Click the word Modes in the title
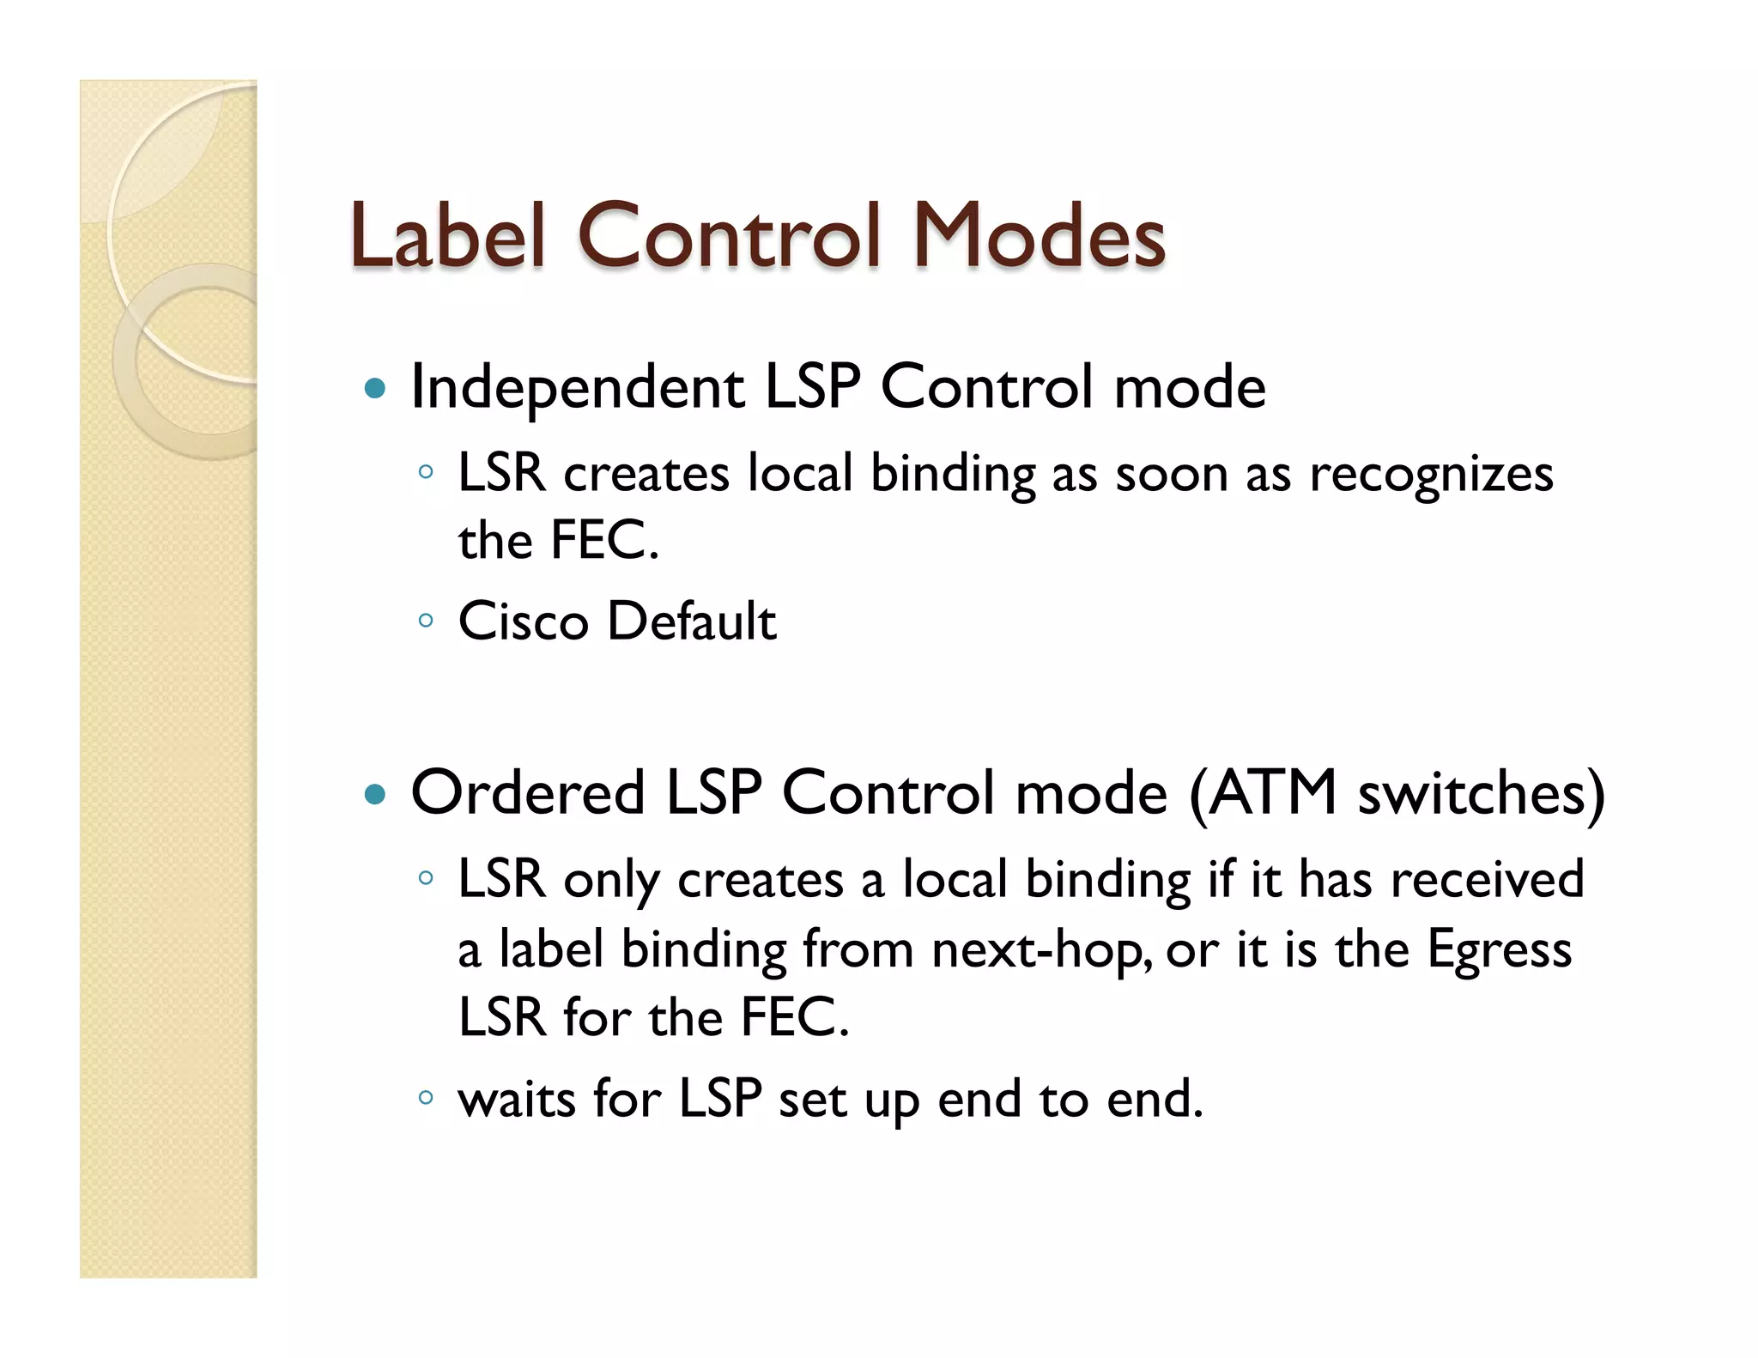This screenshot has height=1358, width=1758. (1038, 234)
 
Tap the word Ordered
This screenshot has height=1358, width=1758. (528, 792)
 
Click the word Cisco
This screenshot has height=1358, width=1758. (523, 621)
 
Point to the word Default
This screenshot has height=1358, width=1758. (691, 621)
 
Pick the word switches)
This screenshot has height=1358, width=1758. (1482, 792)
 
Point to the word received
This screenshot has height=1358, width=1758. (1487, 880)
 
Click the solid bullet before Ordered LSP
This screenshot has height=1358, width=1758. (375, 794)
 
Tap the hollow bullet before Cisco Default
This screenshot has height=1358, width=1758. (425, 620)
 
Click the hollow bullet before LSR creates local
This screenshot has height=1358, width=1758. (425, 471)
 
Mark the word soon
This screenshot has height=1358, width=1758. (1172, 474)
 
